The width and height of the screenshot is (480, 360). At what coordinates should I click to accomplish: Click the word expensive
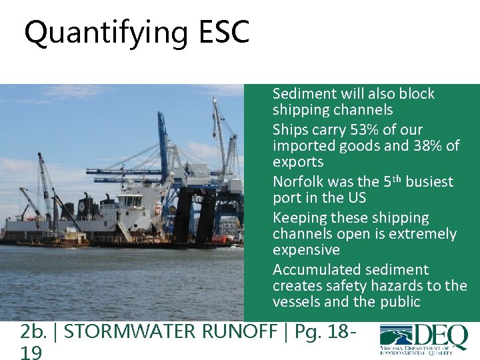(306, 250)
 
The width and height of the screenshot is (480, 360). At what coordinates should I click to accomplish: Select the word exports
(297, 162)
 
